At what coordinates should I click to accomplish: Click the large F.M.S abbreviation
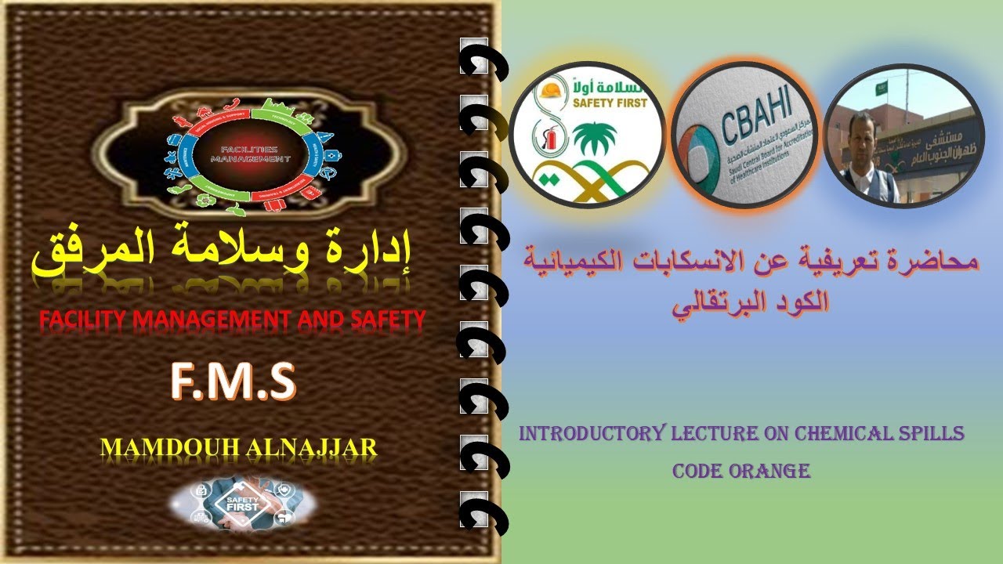coord(234,382)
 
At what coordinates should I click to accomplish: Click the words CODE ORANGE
coord(740,472)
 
